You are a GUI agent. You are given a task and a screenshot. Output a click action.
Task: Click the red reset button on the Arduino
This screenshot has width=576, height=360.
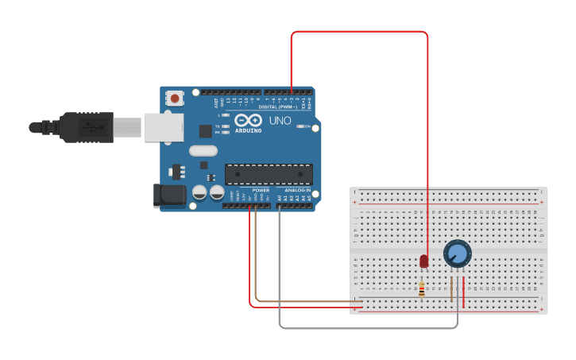(x=174, y=99)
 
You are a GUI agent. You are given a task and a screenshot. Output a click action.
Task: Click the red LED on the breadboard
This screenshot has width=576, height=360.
(x=423, y=261)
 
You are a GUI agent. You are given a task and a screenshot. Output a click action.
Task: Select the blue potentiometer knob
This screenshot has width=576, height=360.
(x=458, y=254)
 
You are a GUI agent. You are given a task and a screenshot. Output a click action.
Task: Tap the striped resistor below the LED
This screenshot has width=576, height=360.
(x=421, y=290)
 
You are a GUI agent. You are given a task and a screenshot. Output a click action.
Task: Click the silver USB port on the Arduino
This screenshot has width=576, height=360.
(x=163, y=127)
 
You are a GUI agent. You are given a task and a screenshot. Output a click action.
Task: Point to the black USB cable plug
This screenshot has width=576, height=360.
(x=87, y=127)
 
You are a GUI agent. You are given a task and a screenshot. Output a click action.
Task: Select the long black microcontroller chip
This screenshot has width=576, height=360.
(x=269, y=174)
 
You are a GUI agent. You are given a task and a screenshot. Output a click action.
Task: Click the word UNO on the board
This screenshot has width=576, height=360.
(x=280, y=122)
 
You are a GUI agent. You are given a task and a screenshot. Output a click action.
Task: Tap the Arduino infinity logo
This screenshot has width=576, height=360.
(x=248, y=120)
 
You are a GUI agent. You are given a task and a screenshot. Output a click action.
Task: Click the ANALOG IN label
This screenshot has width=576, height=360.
(x=297, y=191)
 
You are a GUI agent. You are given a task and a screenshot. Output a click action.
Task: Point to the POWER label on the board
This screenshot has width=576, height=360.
(x=261, y=191)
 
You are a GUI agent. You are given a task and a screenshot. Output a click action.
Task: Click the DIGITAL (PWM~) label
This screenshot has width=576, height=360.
(x=277, y=106)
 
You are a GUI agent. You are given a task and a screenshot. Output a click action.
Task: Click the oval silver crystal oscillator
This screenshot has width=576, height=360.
(x=203, y=150)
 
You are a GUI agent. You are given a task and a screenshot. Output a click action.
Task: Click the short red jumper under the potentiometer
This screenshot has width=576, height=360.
(x=464, y=290)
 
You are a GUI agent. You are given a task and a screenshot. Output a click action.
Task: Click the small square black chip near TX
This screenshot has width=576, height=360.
(x=206, y=131)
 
